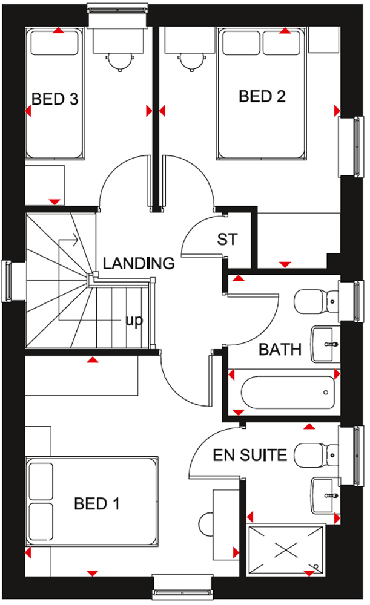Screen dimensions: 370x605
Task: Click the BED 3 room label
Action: coord(55,99)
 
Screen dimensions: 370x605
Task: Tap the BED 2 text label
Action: coord(262,96)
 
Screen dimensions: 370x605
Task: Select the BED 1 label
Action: coord(96,503)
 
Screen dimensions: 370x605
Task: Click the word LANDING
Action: coord(139,263)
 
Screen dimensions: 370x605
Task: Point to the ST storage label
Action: coord(227,240)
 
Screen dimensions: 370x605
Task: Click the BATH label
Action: coord(280,350)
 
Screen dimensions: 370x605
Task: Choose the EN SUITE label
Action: coord(250,456)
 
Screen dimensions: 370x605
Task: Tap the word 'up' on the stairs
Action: coord(134,321)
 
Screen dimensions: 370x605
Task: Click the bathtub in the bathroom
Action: coord(288,393)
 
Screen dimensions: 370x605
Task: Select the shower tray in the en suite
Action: coord(285,550)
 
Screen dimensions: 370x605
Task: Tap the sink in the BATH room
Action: coord(326,344)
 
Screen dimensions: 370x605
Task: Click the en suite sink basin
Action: coord(326,496)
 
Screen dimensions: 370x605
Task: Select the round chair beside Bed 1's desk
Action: coord(206,525)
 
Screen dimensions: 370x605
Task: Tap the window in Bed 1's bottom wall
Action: coord(183,587)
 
